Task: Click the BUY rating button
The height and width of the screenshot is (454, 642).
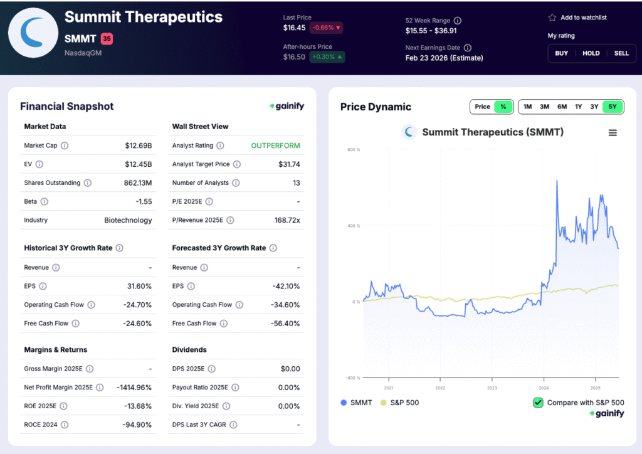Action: pyautogui.click(x=561, y=53)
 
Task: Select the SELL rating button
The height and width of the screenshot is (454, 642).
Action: pyautogui.click(x=621, y=53)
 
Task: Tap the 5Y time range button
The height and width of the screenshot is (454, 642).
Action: pyautogui.click(x=612, y=107)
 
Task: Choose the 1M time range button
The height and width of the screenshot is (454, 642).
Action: pyautogui.click(x=527, y=107)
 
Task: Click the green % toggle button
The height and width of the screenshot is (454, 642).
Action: pyautogui.click(x=503, y=107)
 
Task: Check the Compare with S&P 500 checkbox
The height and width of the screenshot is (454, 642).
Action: pyautogui.click(x=538, y=403)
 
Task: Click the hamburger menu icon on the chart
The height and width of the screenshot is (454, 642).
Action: pyautogui.click(x=613, y=132)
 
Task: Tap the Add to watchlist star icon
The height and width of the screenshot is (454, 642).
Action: pyautogui.click(x=552, y=18)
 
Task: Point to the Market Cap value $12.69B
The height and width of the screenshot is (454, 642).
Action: pyautogui.click(x=139, y=145)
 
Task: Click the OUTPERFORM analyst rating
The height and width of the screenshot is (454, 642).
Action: pyautogui.click(x=275, y=145)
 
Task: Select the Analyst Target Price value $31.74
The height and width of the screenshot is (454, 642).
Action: pyautogui.click(x=289, y=164)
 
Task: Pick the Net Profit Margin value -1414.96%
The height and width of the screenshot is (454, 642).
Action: pyautogui.click(x=134, y=388)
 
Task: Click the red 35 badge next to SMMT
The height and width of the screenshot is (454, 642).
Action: pyautogui.click(x=107, y=39)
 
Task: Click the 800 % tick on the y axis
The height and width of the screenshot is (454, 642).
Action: pyautogui.click(x=353, y=149)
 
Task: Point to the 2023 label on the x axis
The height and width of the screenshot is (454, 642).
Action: pyautogui.click(x=492, y=388)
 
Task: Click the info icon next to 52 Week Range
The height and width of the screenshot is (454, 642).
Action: pyautogui.click(x=457, y=21)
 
